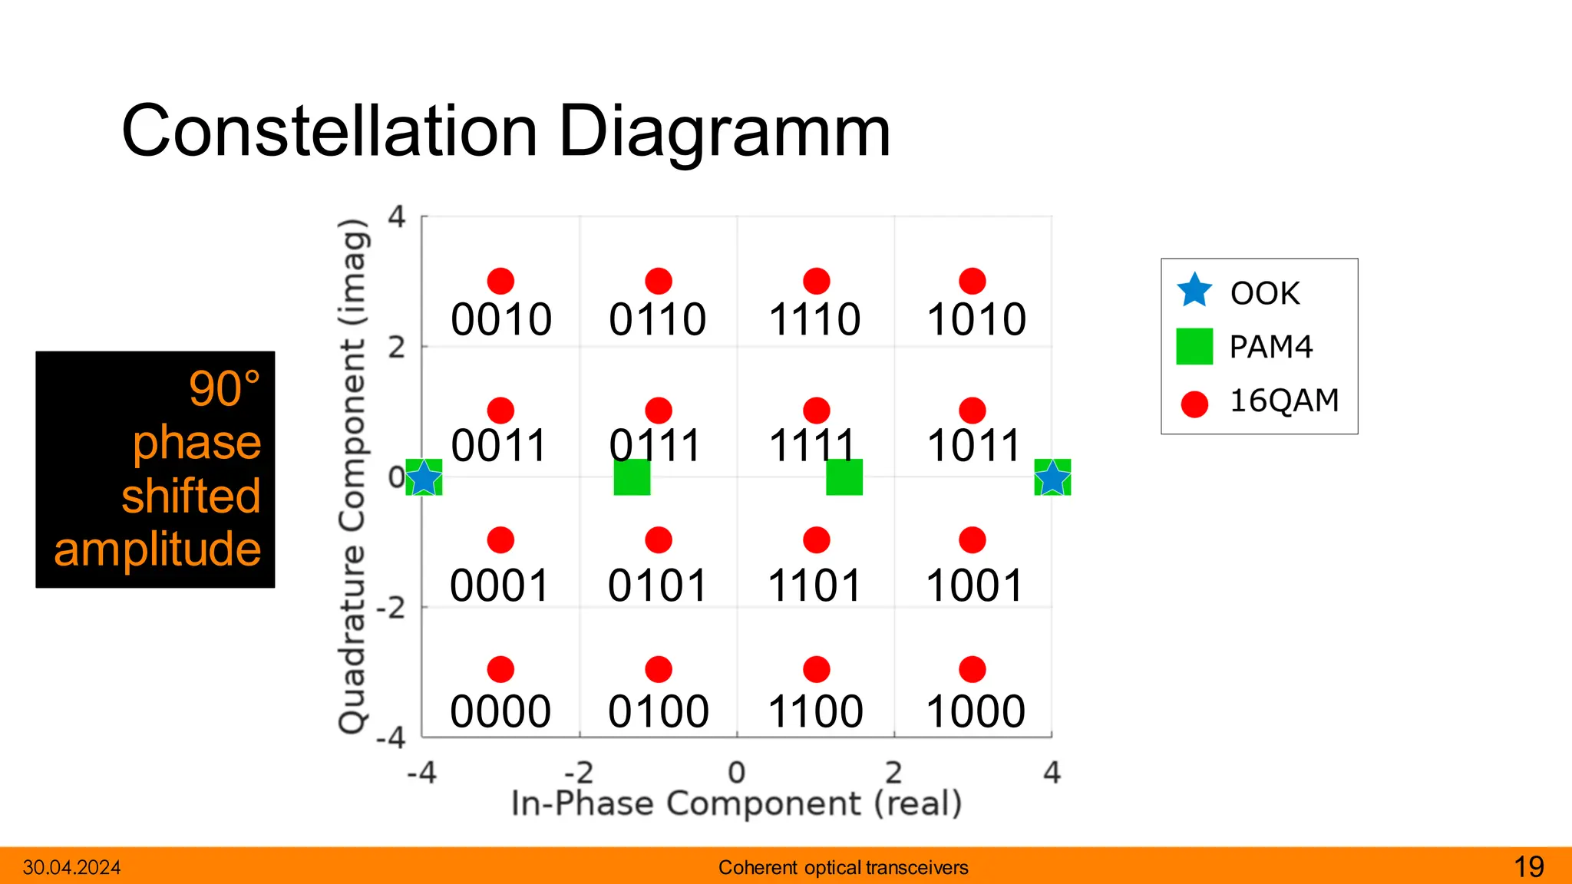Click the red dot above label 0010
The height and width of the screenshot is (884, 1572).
click(500, 282)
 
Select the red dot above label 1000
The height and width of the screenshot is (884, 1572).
click(973, 670)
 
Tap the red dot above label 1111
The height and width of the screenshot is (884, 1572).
click(816, 411)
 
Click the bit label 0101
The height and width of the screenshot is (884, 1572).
click(658, 586)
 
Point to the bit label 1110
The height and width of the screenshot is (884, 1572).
click(815, 320)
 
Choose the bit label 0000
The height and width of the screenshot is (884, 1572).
click(500, 712)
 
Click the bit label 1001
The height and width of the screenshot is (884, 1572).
click(975, 586)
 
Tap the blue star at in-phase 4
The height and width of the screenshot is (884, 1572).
click(1052, 478)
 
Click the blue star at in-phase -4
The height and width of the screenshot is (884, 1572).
click(423, 478)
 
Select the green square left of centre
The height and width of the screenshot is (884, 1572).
click(632, 477)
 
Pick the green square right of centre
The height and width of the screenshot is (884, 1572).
click(844, 477)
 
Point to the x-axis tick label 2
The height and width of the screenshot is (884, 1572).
click(893, 772)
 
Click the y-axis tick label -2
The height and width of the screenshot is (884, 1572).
click(391, 608)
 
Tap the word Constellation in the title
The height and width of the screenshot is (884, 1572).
click(329, 131)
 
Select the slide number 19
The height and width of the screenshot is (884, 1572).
click(1528, 867)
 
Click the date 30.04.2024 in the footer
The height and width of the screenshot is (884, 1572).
click(72, 868)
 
